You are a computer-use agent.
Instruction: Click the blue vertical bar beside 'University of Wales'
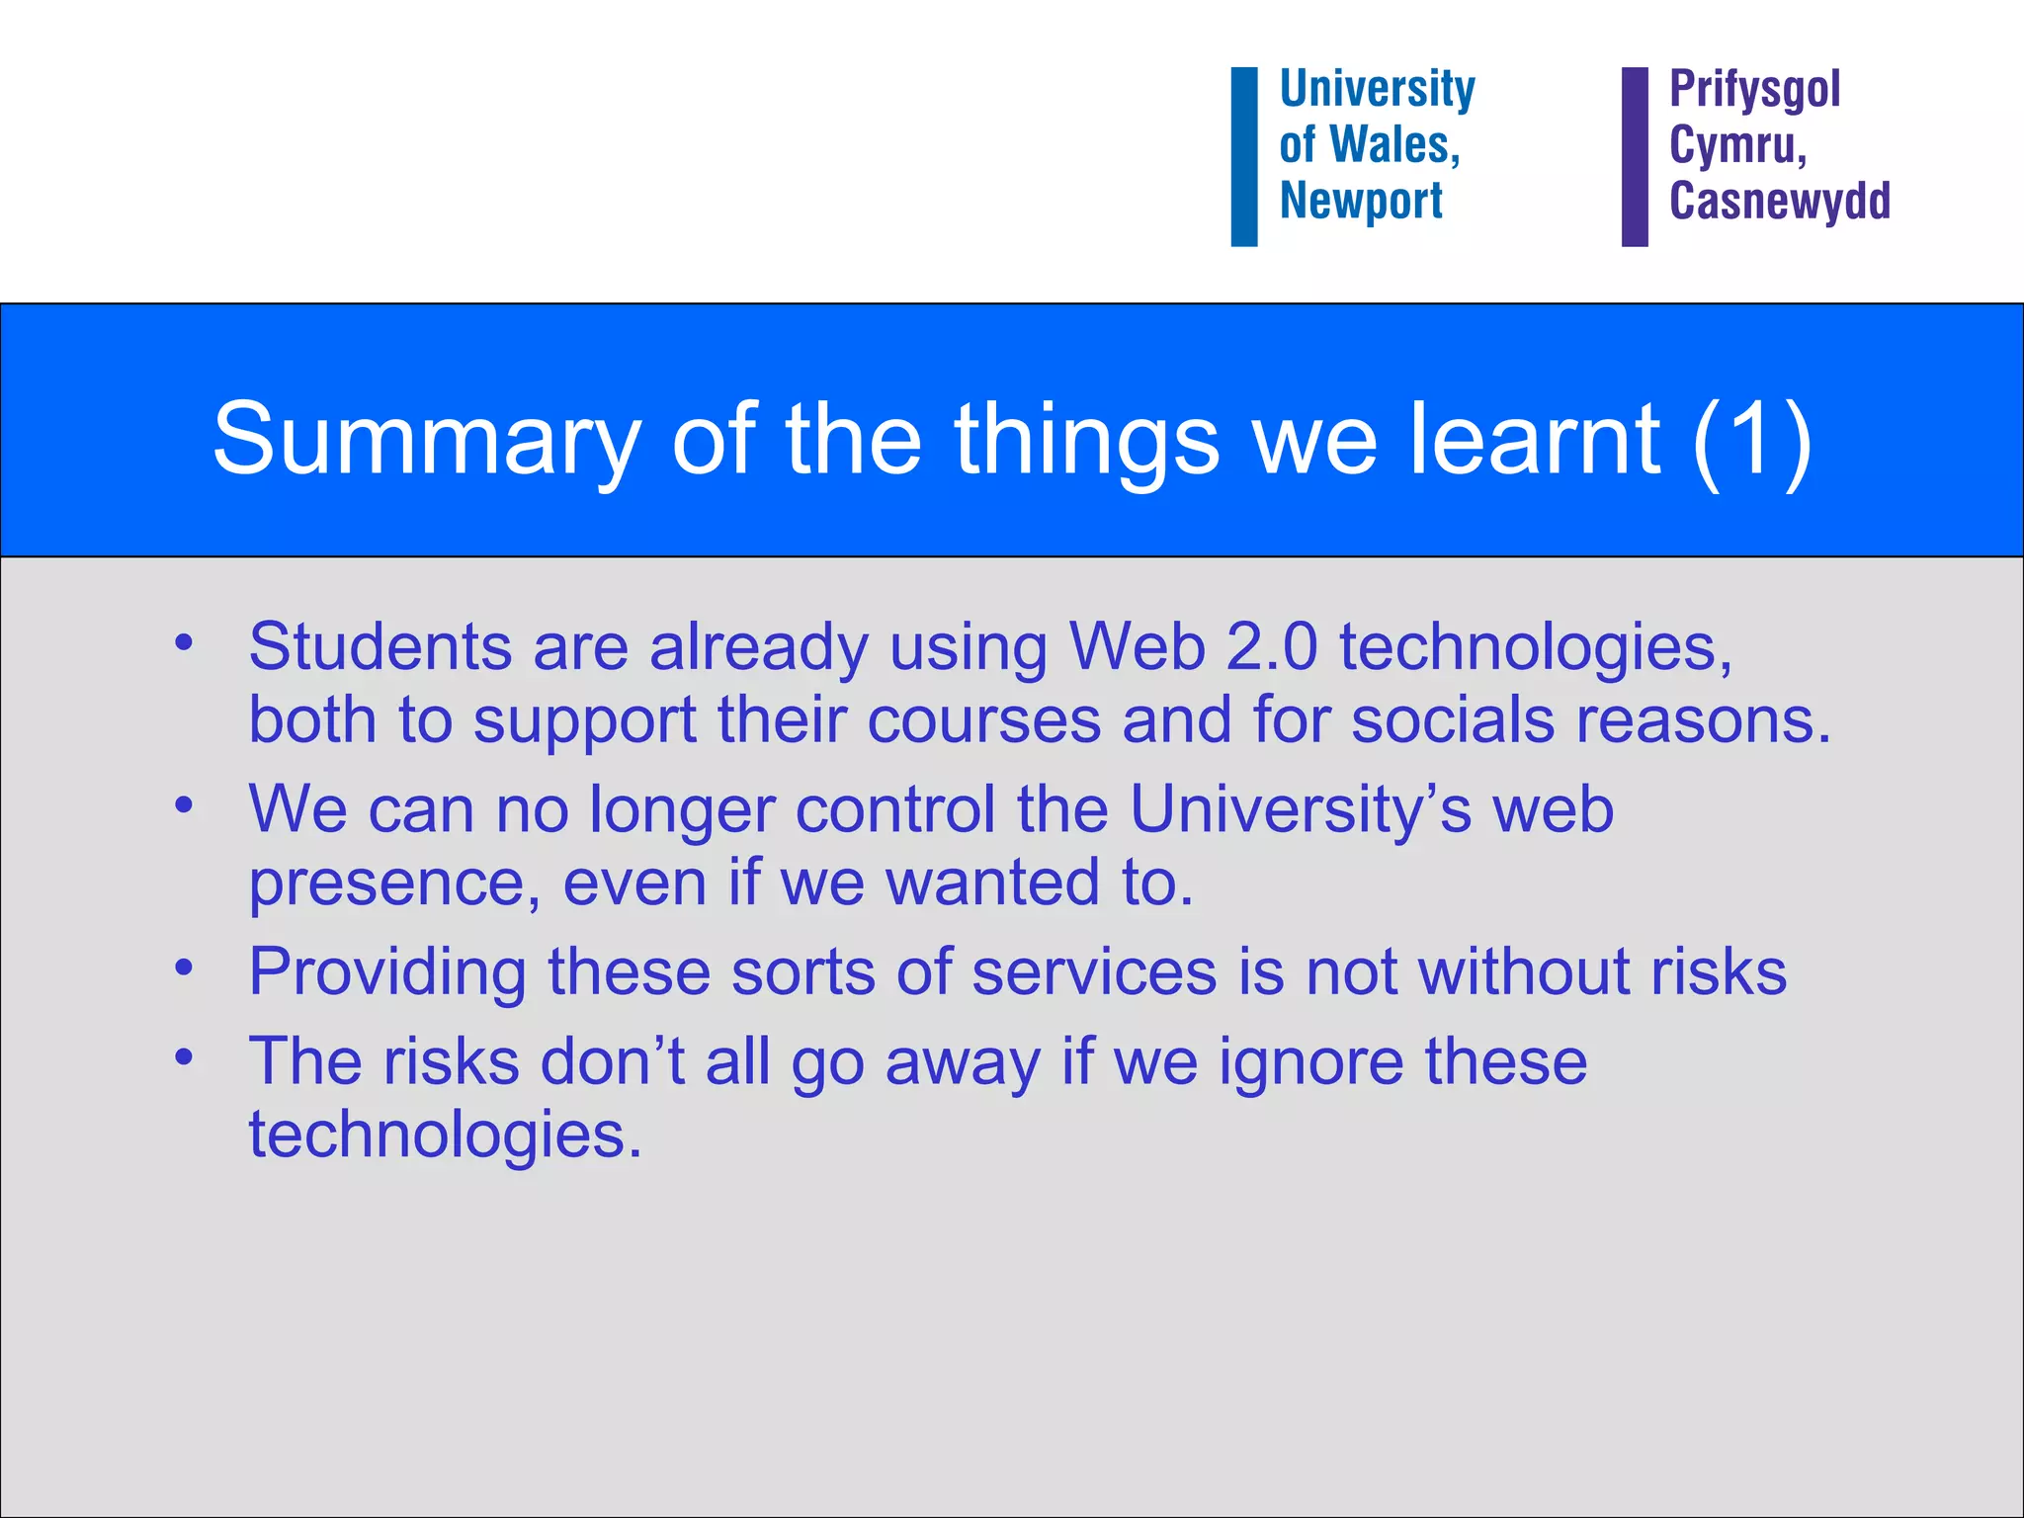tap(1243, 156)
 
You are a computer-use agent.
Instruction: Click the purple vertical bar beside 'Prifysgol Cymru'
tap(1635, 156)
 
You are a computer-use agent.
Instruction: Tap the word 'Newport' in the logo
tap(1361, 201)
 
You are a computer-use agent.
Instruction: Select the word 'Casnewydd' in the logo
tap(1779, 201)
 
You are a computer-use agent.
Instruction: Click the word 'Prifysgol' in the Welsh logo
tap(1754, 90)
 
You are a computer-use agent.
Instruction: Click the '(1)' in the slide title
tap(1751, 440)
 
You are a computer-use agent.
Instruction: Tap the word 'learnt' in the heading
tap(1535, 440)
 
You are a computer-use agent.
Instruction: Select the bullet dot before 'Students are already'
tap(183, 643)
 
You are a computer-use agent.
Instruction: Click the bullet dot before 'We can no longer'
tap(183, 805)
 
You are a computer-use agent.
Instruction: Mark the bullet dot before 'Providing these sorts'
tap(183, 968)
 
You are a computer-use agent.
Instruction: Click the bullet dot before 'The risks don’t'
tap(183, 1057)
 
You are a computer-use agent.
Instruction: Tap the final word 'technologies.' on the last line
tap(445, 1136)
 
